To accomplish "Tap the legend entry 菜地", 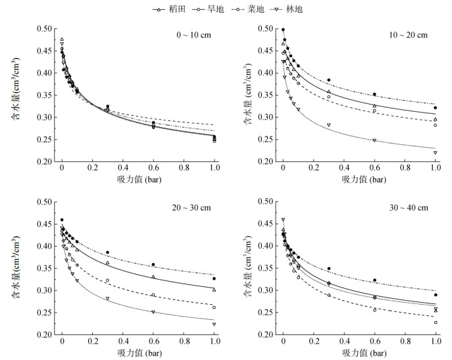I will [261, 9].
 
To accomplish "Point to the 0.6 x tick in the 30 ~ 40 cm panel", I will [374, 343].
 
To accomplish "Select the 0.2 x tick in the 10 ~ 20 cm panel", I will [313, 170].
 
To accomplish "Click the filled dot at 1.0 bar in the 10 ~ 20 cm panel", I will [436, 108].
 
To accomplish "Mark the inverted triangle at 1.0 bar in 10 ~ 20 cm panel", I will [436, 153].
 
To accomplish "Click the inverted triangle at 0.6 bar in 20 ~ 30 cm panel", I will [153, 312].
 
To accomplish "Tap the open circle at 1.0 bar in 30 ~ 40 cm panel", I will [436, 322].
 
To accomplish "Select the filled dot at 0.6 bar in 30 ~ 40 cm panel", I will [374, 280].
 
